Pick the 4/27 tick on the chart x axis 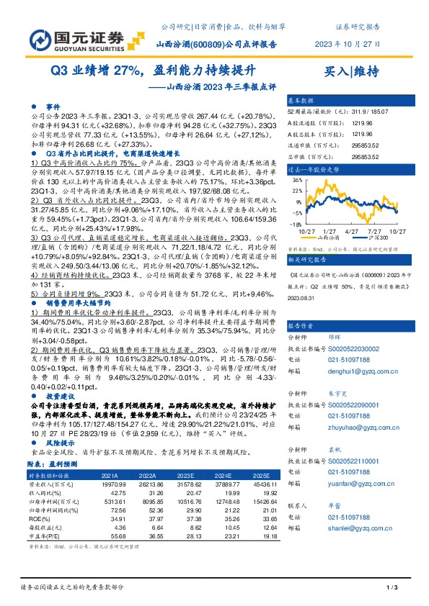(353, 230)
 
